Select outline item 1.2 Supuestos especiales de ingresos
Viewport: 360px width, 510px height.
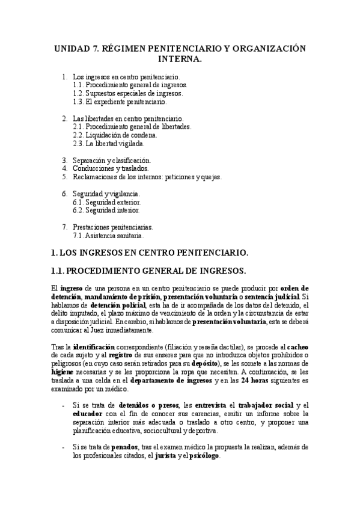(x=127, y=93)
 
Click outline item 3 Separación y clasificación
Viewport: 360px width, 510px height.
(x=112, y=161)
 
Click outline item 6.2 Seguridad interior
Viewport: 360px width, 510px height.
(x=106, y=210)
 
